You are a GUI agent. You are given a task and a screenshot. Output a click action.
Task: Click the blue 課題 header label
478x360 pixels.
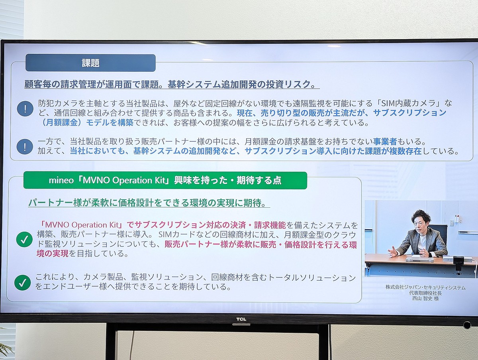point(90,63)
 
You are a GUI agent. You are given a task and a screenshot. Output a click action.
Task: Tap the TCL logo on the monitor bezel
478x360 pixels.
point(241,319)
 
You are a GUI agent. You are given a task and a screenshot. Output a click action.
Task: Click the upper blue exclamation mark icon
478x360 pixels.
point(25,108)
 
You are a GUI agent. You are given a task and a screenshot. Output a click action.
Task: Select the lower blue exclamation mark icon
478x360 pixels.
point(25,146)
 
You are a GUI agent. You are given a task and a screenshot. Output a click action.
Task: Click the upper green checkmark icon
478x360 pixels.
point(24,239)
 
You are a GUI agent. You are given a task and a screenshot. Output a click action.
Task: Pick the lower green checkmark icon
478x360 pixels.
point(22,282)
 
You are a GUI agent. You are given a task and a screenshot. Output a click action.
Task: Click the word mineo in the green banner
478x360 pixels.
point(61,181)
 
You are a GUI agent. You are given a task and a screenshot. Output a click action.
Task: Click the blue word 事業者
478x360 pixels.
point(385,142)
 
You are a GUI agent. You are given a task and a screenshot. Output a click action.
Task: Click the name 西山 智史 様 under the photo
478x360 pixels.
point(425,298)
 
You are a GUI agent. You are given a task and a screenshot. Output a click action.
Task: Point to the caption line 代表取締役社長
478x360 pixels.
point(425,293)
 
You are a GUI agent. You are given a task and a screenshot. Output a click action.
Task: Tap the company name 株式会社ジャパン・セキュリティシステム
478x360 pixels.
point(425,287)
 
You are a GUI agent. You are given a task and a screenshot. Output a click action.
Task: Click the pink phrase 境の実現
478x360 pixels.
point(53,253)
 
